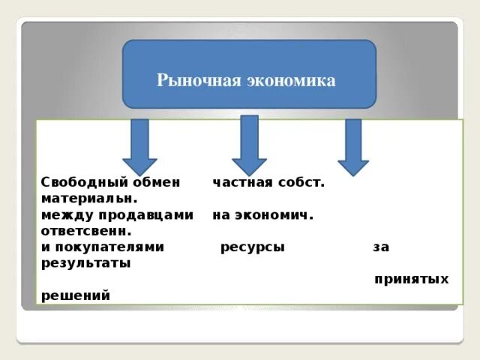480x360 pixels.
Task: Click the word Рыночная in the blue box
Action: (x=199, y=80)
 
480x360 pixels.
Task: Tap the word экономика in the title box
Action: (x=290, y=80)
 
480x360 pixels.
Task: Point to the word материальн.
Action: (x=89, y=199)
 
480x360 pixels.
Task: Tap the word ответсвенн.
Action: (x=87, y=231)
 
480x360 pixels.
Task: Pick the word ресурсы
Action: (x=253, y=247)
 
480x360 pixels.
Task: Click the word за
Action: (x=381, y=247)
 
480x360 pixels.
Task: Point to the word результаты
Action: (x=86, y=263)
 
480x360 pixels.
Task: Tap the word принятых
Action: (x=411, y=280)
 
